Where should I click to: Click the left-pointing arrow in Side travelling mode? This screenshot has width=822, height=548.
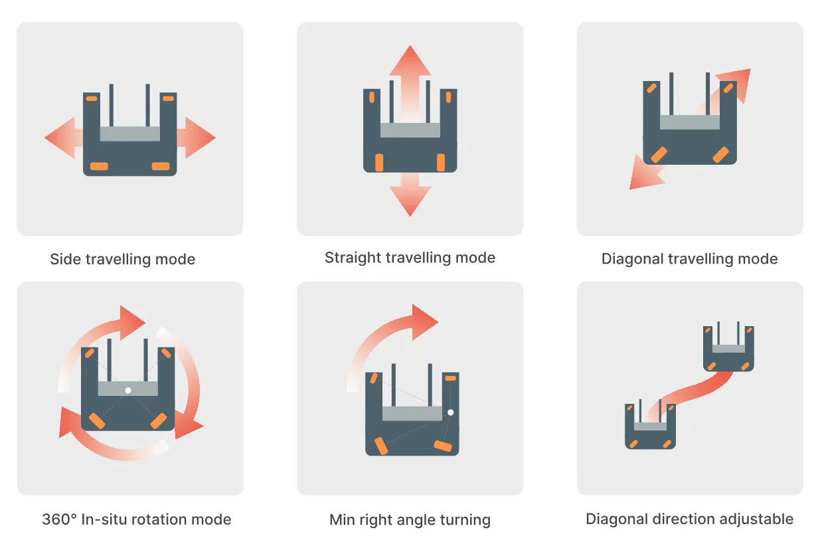[x=63, y=137]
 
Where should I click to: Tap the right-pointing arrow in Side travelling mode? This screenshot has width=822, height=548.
[x=196, y=137]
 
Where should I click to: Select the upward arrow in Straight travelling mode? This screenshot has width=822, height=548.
[x=410, y=84]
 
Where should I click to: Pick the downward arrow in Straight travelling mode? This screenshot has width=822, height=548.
[x=410, y=195]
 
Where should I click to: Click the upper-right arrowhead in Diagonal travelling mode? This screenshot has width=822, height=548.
[x=736, y=83]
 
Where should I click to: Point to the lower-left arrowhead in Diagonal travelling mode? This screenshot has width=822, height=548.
[x=645, y=174]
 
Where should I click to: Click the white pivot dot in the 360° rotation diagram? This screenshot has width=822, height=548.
[x=128, y=390]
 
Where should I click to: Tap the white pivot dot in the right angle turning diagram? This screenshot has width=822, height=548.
[x=451, y=412]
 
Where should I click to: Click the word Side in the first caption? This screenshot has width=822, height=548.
[x=65, y=259]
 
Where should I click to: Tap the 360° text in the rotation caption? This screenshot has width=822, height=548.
[x=60, y=519]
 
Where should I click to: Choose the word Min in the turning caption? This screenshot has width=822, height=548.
[x=342, y=519]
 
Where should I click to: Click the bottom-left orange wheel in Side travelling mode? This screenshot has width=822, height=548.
[x=99, y=166]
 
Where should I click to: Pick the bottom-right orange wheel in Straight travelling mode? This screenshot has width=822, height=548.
[x=441, y=163]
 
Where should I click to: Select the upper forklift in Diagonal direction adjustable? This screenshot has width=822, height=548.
[x=729, y=347]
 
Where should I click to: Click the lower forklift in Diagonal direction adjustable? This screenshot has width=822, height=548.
[x=650, y=424]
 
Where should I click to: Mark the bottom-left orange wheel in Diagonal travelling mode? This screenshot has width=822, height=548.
[x=659, y=155]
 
